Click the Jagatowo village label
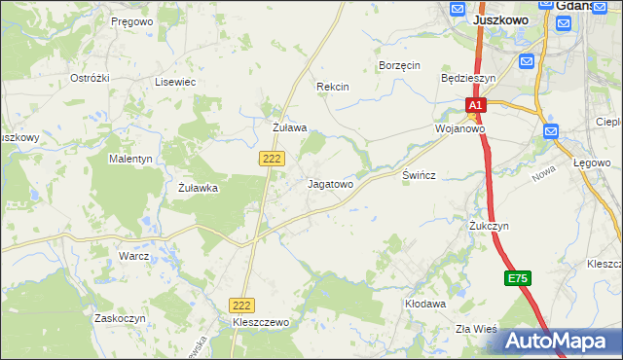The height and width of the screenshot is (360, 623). click(x=330, y=183)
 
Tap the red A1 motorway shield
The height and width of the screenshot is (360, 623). click(x=474, y=105)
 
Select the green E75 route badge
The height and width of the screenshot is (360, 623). click(x=517, y=279)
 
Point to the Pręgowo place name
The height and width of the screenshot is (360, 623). click(x=131, y=20)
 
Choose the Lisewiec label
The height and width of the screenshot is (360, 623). click(x=175, y=83)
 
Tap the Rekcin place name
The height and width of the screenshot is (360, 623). click(x=332, y=87)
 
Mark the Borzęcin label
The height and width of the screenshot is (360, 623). click(x=398, y=65)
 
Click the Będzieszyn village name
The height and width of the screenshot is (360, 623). click(x=468, y=78)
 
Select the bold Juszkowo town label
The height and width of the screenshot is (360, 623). click(x=500, y=19)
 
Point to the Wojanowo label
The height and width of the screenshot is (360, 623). click(x=459, y=128)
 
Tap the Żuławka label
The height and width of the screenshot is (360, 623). click(x=198, y=189)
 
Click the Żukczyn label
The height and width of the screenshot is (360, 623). click(x=489, y=226)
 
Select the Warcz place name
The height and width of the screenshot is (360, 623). click(x=133, y=256)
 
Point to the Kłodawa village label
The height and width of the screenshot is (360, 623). click(x=425, y=304)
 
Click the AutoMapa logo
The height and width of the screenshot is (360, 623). click(x=560, y=341)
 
